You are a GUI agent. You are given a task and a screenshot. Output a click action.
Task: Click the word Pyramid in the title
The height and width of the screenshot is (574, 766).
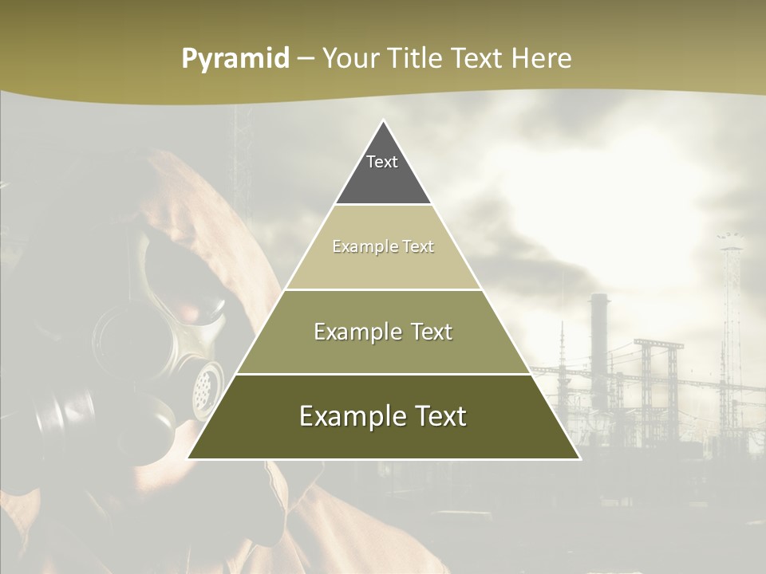235,59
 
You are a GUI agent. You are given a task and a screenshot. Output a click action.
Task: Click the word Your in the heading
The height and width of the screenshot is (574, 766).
349,59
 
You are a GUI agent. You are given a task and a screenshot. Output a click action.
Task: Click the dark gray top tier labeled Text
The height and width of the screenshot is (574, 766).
383,171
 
